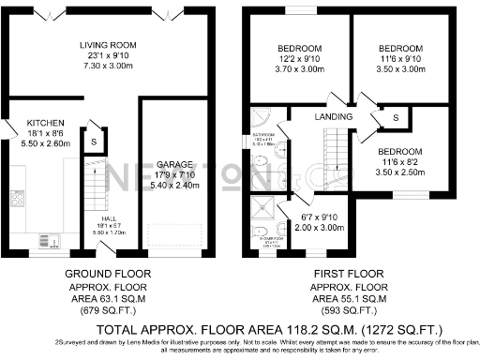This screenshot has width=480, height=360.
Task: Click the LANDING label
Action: [335, 116]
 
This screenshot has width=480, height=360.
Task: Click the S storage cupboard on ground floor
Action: [94, 142]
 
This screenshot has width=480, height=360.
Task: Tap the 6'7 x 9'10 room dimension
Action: [308, 217]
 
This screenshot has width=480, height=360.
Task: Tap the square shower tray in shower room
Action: [265, 208]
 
